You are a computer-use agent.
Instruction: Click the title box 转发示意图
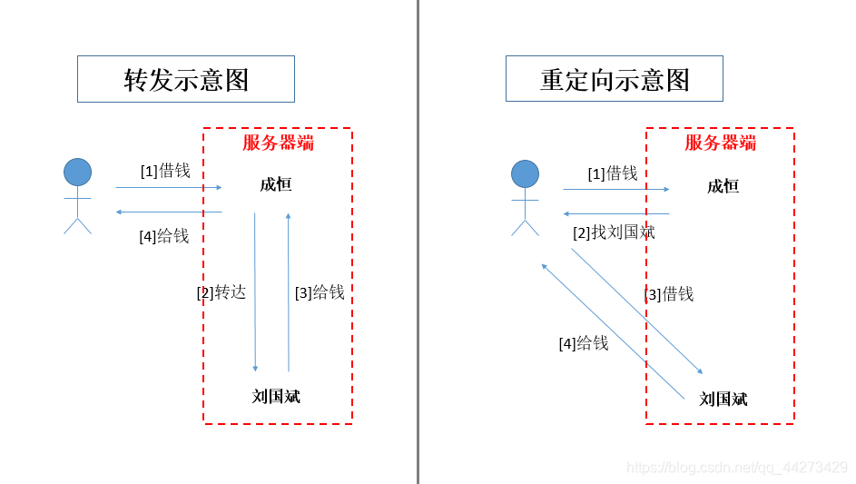click(x=186, y=80)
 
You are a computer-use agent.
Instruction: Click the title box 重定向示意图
click(x=615, y=80)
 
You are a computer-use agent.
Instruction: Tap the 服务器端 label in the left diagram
click(x=278, y=143)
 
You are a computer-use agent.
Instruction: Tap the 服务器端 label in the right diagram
click(x=720, y=143)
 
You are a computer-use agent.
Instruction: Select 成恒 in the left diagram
click(x=276, y=185)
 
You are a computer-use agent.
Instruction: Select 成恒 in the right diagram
click(x=723, y=186)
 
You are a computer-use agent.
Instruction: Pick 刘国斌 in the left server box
click(x=276, y=397)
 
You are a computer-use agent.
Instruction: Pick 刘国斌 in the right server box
click(x=723, y=399)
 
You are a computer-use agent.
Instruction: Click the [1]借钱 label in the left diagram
click(x=165, y=171)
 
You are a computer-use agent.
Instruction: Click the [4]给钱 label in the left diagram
click(x=164, y=236)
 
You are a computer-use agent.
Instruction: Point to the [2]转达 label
click(x=221, y=292)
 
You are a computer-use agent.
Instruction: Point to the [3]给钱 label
click(x=320, y=292)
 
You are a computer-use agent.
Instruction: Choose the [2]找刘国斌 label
click(x=614, y=232)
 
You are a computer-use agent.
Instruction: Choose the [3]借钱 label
click(x=669, y=294)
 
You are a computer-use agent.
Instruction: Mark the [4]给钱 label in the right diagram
click(x=584, y=343)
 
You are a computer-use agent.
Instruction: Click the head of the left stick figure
click(x=77, y=172)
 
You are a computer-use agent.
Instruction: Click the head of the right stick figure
click(x=525, y=173)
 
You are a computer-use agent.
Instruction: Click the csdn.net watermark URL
click(x=737, y=468)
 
